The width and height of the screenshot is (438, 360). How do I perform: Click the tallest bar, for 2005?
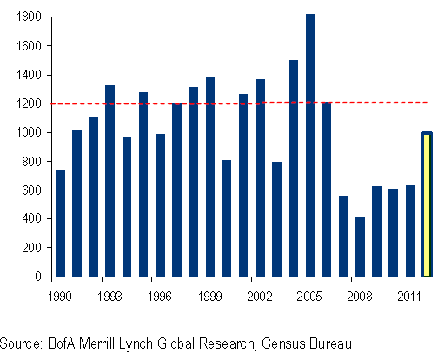click(x=310, y=145)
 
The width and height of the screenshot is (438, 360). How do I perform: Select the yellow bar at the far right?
click(x=427, y=204)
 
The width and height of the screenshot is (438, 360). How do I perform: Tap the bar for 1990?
click(x=60, y=223)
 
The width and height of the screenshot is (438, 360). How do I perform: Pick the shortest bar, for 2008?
click(x=360, y=247)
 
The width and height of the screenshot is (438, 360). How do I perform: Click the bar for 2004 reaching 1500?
click(x=293, y=168)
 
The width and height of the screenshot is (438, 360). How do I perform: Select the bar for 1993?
click(x=109, y=181)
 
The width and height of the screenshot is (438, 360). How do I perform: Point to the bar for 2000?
click(x=227, y=218)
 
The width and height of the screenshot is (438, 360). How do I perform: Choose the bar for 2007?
click(x=343, y=237)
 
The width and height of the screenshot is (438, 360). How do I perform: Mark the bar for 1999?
click(x=210, y=177)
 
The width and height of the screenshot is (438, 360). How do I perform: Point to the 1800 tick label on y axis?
click(x=29, y=17)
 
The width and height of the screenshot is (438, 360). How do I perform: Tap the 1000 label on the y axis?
click(x=29, y=132)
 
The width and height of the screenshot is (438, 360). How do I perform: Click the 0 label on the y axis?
click(x=38, y=277)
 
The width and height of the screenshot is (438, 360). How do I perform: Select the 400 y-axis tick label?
click(x=31, y=218)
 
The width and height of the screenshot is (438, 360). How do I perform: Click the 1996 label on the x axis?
click(x=160, y=297)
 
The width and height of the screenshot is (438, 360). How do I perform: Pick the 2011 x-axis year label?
click(x=409, y=297)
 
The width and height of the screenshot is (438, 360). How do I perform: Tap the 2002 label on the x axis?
click(x=260, y=297)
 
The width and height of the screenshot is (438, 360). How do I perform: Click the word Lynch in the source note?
click(x=136, y=344)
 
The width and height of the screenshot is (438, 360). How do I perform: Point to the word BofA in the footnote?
click(x=61, y=343)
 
